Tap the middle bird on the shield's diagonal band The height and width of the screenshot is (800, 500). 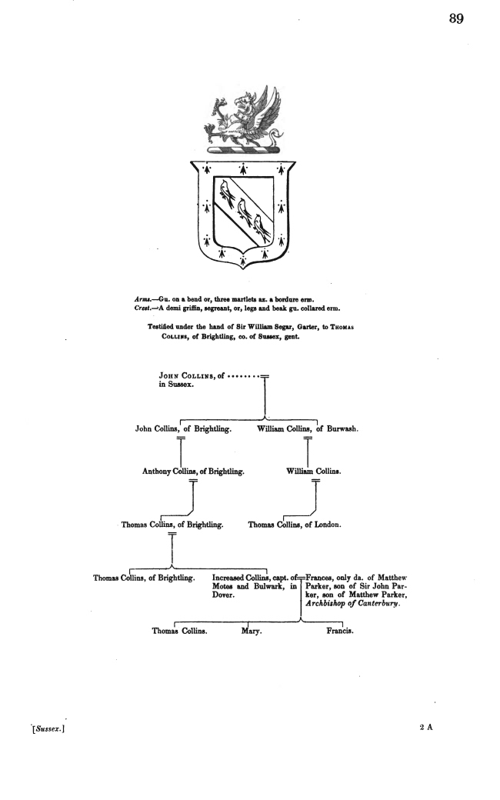(x=244, y=208)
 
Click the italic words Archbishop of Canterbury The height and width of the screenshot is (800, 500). (x=353, y=604)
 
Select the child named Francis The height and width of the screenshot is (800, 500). (x=340, y=631)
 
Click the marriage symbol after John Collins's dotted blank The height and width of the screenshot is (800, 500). (x=265, y=376)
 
